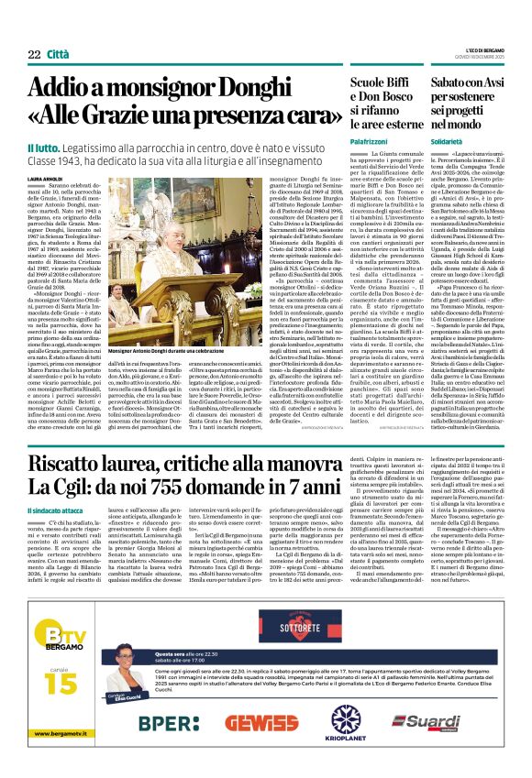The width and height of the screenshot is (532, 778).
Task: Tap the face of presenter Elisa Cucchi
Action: (x=125, y=656)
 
